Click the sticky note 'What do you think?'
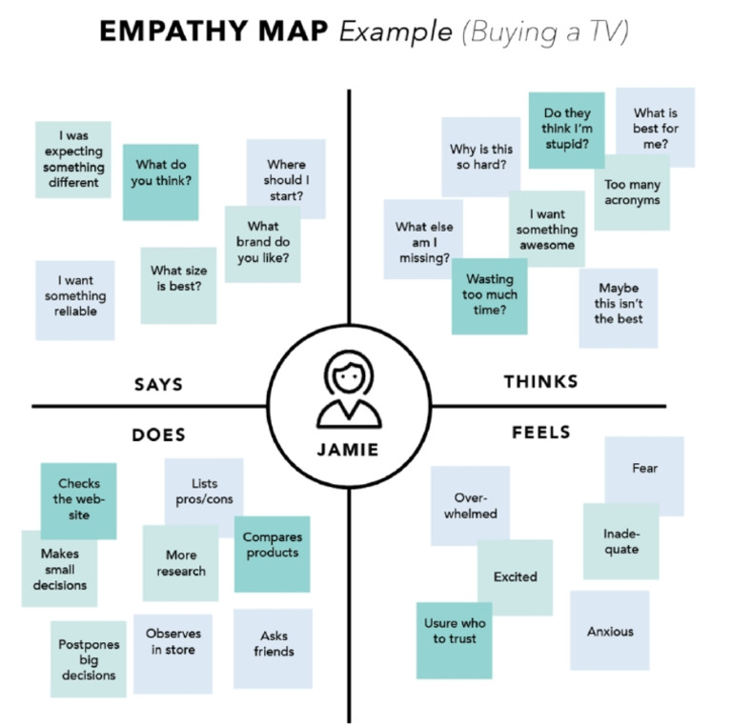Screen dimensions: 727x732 coord(160,172)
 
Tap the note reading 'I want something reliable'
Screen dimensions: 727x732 coord(75,296)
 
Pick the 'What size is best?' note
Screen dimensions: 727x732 coord(178,278)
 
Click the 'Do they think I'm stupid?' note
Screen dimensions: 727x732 coord(566,130)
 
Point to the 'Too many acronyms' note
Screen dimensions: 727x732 coord(631,193)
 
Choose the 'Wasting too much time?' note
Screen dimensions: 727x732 coord(489,294)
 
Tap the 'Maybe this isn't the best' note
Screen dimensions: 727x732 coord(618,304)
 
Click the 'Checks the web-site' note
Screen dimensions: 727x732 coord(79,499)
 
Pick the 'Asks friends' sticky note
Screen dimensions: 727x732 coord(273,645)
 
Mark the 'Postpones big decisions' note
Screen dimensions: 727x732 coord(89,659)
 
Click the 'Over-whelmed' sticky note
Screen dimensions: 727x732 coord(469,506)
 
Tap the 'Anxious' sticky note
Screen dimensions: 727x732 coord(610,631)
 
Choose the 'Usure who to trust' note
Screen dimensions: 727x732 coord(454,631)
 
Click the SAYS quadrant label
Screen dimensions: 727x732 coord(157,385)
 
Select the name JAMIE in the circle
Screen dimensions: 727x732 coord(348,450)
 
